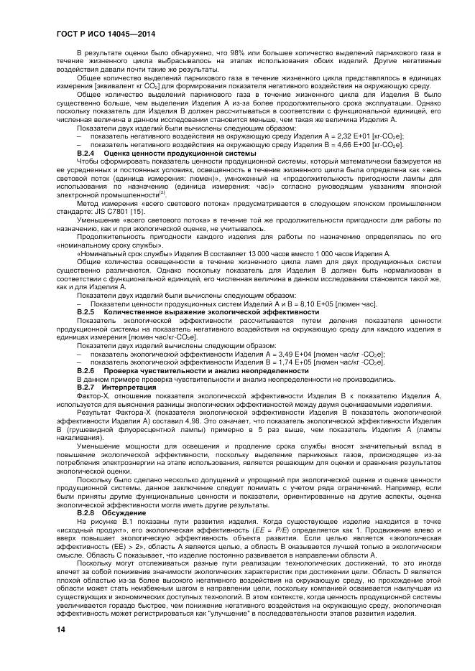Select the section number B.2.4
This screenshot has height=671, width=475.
pyautogui.click(x=86, y=154)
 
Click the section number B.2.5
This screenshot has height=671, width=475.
pyautogui.click(x=86, y=313)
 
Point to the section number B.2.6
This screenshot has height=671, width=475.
pyautogui.click(x=86, y=370)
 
